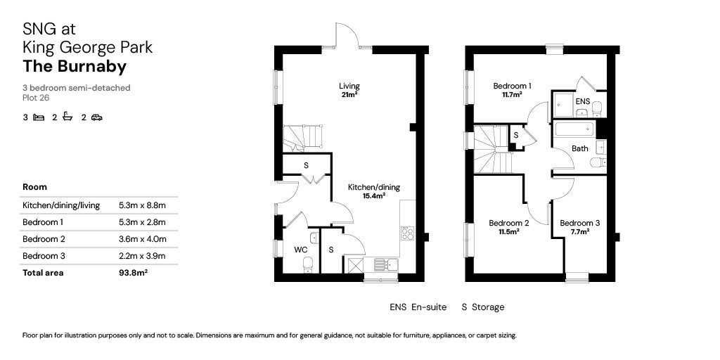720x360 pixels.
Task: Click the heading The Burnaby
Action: (x=75, y=67)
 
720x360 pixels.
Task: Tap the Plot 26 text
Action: (x=35, y=97)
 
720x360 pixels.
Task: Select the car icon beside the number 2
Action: (x=96, y=117)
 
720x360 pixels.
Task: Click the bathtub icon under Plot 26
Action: (x=67, y=117)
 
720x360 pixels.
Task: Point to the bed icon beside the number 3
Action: (x=39, y=117)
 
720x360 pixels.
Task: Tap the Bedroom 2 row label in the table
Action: (x=44, y=239)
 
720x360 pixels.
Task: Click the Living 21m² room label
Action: (x=349, y=90)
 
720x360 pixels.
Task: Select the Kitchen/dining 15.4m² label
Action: (x=374, y=191)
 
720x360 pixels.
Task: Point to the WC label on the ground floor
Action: (x=300, y=250)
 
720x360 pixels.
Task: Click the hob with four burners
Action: (x=407, y=233)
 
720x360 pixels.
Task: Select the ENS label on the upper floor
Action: (x=582, y=101)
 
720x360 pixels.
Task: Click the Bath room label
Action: (x=579, y=148)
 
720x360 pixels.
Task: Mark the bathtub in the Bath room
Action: (x=575, y=129)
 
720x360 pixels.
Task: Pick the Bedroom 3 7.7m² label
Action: (x=580, y=227)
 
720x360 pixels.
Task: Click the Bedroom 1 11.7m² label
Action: (x=513, y=90)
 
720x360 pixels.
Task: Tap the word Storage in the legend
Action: (x=488, y=307)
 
